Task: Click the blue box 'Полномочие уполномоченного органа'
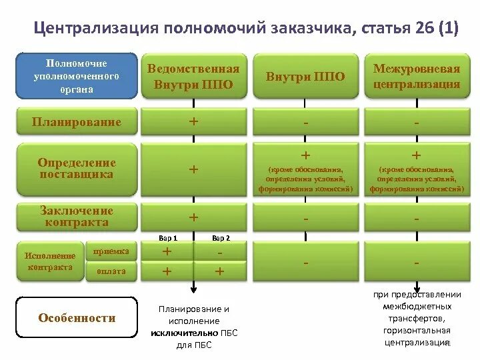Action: pyautogui.click(x=77, y=76)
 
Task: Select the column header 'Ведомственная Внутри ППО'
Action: pyautogui.click(x=193, y=76)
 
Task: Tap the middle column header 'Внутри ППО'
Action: pyautogui.click(x=305, y=76)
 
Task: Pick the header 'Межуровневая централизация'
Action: pyautogui.click(x=417, y=76)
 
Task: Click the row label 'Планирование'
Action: pyautogui.click(x=77, y=122)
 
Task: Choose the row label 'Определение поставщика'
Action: pyautogui.click(x=77, y=168)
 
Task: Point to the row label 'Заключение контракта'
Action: pyautogui.click(x=77, y=216)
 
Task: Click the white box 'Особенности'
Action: pyautogui.click(x=77, y=318)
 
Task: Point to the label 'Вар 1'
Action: pyautogui.click(x=167, y=237)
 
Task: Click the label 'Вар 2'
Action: pyautogui.click(x=221, y=237)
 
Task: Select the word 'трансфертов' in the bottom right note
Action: pyautogui.click(x=417, y=319)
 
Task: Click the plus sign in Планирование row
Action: pyautogui.click(x=193, y=122)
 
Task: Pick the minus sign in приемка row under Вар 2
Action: pyautogui.click(x=220, y=252)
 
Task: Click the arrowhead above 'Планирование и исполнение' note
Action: pyautogui.click(x=194, y=288)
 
